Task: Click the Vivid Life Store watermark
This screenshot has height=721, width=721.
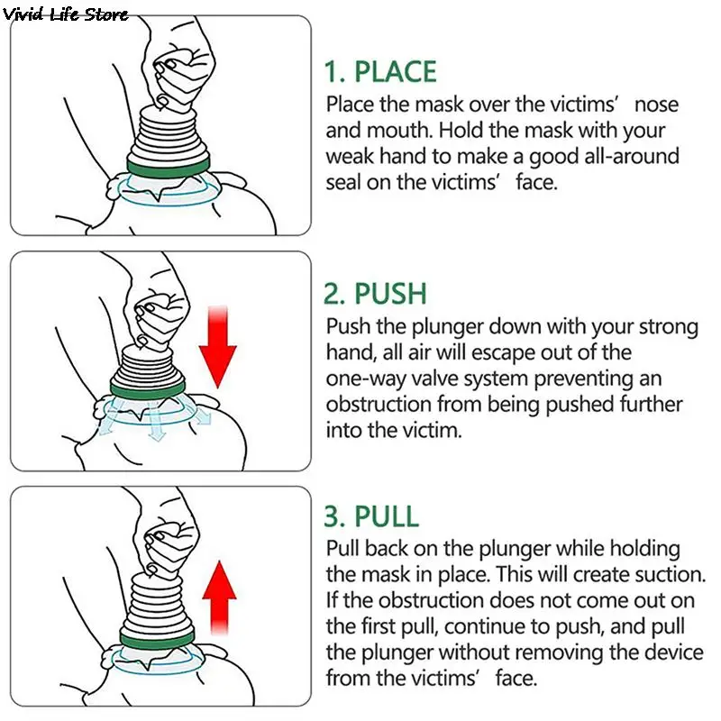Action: [65, 14]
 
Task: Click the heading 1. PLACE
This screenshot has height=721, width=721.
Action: [380, 72]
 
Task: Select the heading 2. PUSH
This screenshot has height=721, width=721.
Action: [375, 294]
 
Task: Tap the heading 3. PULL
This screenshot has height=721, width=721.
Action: [371, 516]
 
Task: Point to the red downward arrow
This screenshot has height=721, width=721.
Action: [217, 347]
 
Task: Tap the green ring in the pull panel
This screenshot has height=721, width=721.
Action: [157, 639]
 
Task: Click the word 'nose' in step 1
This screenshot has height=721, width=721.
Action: [656, 105]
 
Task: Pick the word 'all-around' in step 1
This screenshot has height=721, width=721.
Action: [632, 156]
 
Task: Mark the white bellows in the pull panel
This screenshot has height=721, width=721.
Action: [155, 602]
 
